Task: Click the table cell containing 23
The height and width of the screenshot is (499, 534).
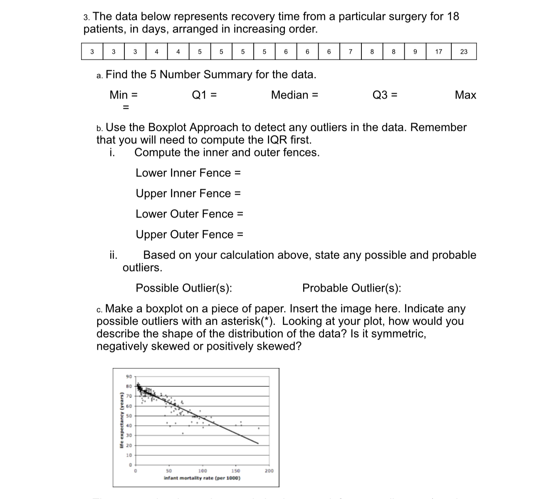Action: click(x=464, y=52)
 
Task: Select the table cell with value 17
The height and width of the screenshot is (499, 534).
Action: click(x=438, y=52)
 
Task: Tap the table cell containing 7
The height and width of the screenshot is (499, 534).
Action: click(x=351, y=52)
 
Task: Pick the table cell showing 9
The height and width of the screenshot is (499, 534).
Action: click(x=415, y=52)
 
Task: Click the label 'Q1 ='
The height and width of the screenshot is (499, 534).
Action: click(x=204, y=95)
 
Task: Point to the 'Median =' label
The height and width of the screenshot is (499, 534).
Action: click(x=294, y=95)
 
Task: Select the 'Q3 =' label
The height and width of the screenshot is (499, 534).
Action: click(x=385, y=95)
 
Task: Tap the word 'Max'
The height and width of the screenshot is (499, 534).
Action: click(x=465, y=95)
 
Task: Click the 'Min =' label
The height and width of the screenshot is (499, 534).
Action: click(x=124, y=95)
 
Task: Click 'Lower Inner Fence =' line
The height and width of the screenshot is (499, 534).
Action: click(x=188, y=173)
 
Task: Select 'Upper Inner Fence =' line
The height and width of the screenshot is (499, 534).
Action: click(x=188, y=193)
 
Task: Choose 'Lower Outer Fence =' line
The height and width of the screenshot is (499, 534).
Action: click(x=189, y=214)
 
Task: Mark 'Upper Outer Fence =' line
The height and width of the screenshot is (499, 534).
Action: click(x=189, y=235)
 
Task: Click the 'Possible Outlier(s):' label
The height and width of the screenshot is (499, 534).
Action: click(x=184, y=288)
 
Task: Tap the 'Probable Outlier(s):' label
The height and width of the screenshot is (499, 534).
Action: click(x=352, y=288)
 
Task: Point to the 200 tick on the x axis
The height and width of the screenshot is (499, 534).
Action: click(x=269, y=471)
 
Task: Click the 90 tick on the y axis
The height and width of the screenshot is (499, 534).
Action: click(x=129, y=377)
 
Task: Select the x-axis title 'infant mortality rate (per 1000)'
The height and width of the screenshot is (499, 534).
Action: click(x=202, y=478)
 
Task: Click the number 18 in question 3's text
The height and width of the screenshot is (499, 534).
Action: click(x=453, y=16)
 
